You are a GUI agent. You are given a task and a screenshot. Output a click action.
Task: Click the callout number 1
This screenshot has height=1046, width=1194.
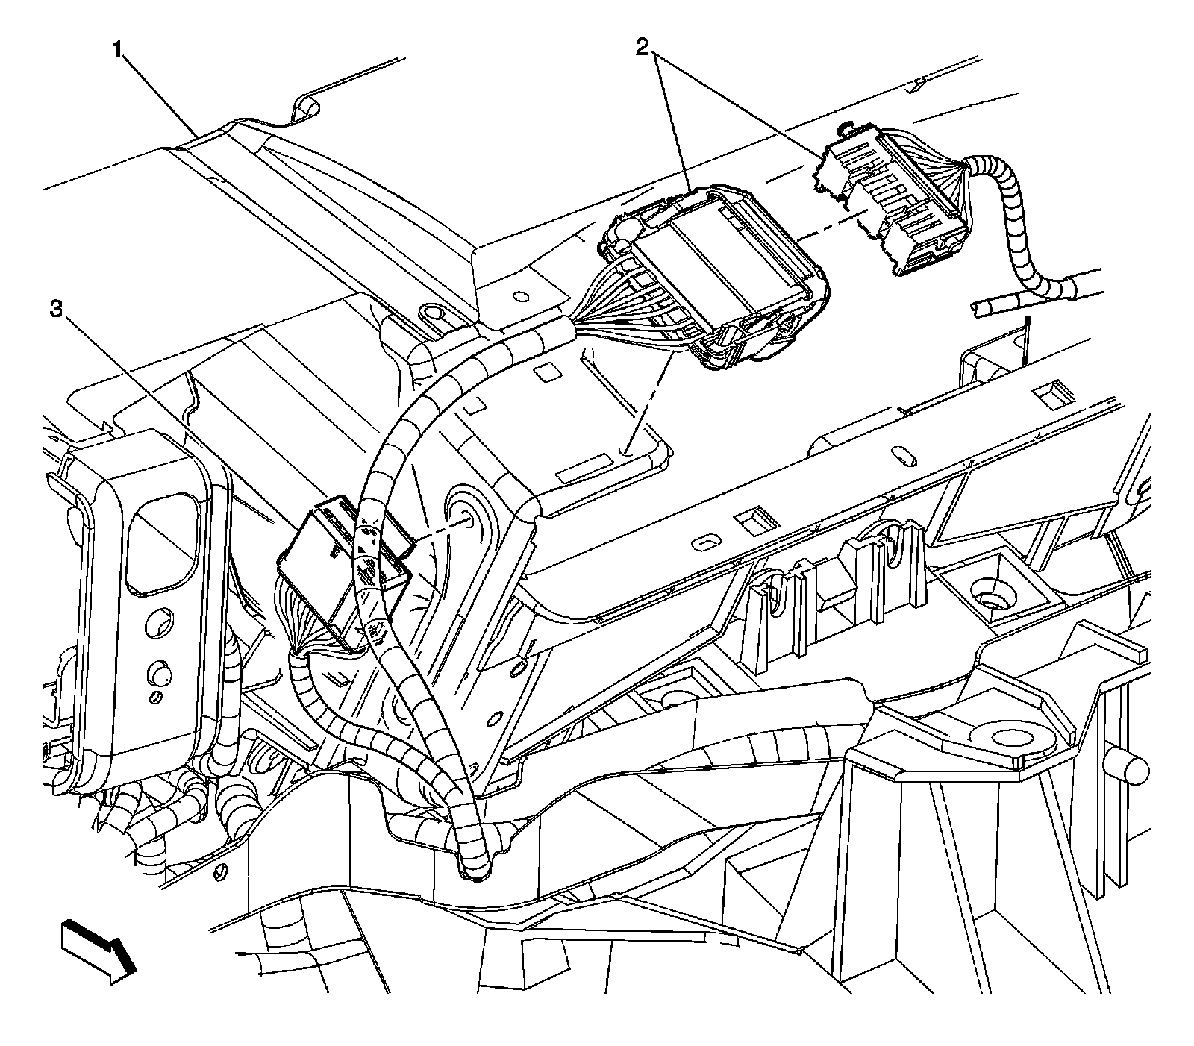[117, 51]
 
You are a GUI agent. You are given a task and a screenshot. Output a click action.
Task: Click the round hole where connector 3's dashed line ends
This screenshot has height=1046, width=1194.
[463, 520]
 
